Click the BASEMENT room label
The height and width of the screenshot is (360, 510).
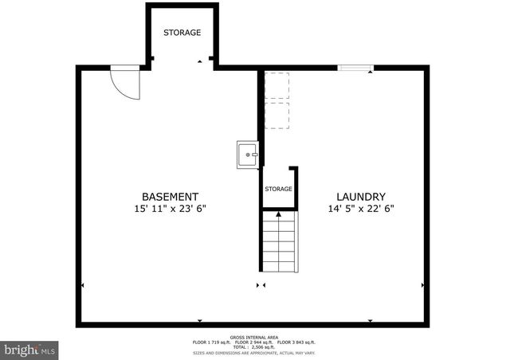[170, 197]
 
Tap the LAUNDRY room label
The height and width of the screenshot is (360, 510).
[361, 197]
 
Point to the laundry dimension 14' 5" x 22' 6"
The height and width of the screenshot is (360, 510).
[361, 209]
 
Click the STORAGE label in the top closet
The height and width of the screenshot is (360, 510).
[182, 33]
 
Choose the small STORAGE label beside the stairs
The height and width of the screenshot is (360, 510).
[279, 189]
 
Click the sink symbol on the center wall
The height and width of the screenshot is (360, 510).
[248, 155]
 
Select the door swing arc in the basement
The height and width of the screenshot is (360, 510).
[125, 83]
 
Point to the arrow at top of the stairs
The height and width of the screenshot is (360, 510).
[279, 213]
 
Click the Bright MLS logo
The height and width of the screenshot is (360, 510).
[30, 349]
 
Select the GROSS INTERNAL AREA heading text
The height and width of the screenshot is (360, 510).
[254, 337]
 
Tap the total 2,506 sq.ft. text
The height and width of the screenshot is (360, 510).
[254, 346]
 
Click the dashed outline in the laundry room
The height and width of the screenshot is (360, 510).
[276, 100]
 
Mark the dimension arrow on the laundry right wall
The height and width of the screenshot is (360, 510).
[422, 284]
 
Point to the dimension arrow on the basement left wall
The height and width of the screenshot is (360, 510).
[82, 284]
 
